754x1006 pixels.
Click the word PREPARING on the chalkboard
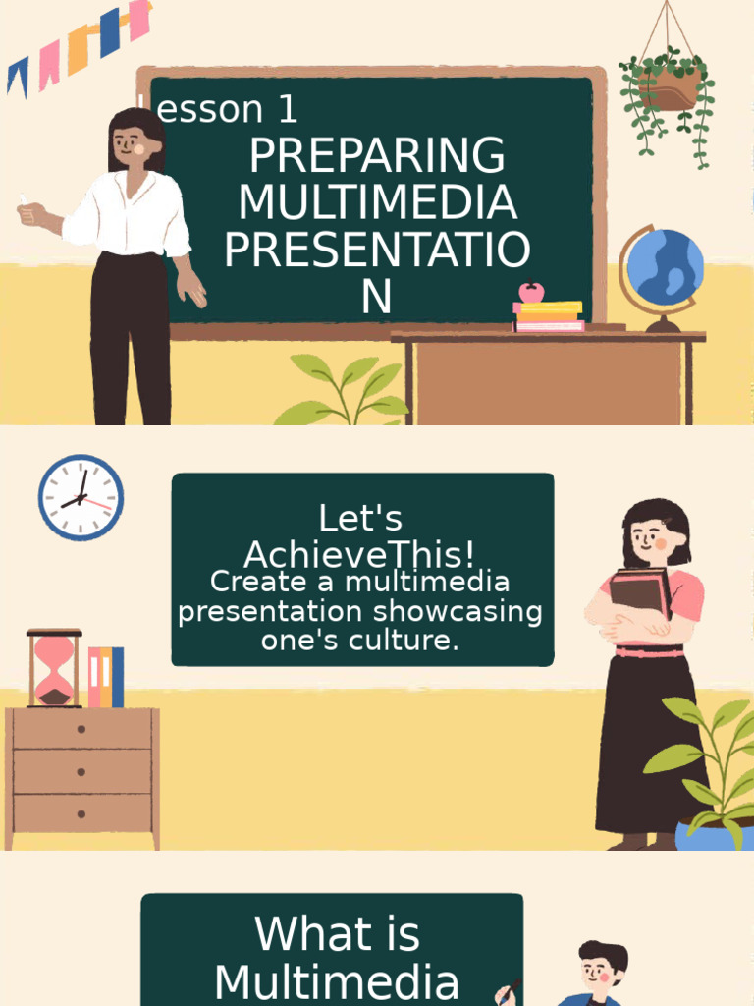(377, 157)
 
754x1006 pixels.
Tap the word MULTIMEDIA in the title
(377, 203)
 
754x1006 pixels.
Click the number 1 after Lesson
(287, 110)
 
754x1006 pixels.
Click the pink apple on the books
(531, 292)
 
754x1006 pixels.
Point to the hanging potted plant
(669, 86)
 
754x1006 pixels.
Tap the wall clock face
(81, 497)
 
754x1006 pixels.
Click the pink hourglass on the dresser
(54, 669)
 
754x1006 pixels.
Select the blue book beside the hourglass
(118, 677)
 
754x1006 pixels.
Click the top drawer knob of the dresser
(81, 729)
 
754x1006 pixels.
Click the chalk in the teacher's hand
(23, 200)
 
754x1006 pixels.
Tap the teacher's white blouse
(128, 216)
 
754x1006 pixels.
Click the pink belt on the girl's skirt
(648, 651)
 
